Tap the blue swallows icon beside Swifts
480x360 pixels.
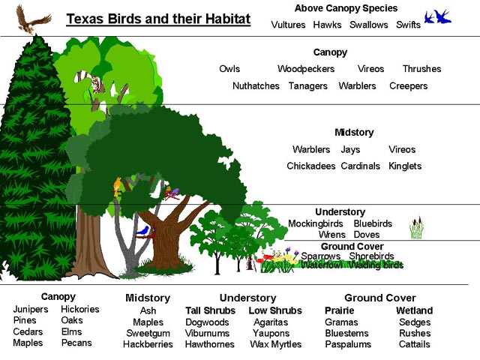click(x=438, y=16)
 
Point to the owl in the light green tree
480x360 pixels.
click(x=95, y=84)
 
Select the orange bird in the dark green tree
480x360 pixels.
click(x=117, y=187)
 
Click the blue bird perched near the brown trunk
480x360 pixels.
click(x=143, y=230)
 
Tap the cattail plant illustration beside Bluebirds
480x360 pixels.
click(x=416, y=227)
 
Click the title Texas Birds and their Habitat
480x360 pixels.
click(x=158, y=19)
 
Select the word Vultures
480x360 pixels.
click(x=288, y=25)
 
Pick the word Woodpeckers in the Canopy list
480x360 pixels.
click(x=306, y=69)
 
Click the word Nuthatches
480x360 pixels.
click(x=256, y=86)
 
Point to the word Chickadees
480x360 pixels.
click(x=311, y=166)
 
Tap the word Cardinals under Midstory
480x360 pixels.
click(x=360, y=166)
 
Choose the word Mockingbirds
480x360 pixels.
click(x=315, y=223)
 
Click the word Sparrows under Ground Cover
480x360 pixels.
click(x=320, y=256)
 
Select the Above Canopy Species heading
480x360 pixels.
click(x=346, y=8)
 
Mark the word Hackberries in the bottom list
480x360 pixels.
click(x=148, y=344)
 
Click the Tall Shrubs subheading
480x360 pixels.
click(x=210, y=310)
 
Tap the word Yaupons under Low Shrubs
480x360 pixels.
click(x=271, y=333)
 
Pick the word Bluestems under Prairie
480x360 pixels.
click(x=346, y=333)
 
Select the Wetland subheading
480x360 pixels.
click(x=415, y=310)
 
